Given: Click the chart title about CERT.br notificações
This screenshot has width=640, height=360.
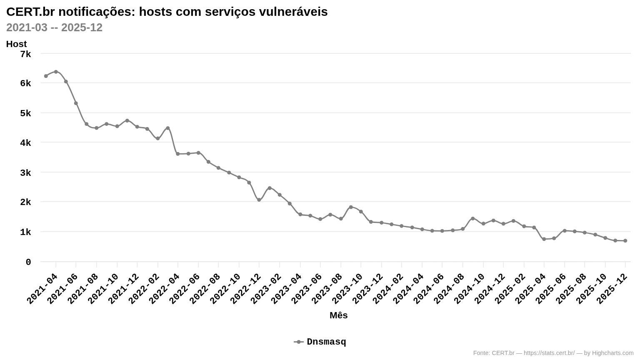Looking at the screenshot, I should click(x=167, y=12).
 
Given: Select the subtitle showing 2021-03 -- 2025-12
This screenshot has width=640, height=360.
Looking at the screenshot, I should click(x=54, y=27).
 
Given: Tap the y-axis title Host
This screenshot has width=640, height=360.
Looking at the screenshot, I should click(x=16, y=44).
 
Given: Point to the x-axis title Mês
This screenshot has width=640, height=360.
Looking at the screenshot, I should click(x=338, y=315).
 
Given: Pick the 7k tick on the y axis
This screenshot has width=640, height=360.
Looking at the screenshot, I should click(x=25, y=54).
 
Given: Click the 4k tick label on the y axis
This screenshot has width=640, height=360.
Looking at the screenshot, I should click(x=25, y=143).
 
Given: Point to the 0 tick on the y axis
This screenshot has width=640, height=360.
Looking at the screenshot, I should click(x=28, y=262).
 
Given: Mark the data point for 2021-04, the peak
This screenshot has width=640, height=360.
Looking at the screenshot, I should click(x=56, y=72).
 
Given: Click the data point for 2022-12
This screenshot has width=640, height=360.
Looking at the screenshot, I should click(x=259, y=200).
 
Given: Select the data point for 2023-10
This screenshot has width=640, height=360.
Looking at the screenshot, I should click(x=361, y=212).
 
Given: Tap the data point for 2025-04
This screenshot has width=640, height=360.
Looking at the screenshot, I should click(x=544, y=239).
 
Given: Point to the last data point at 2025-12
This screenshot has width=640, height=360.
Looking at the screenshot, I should click(x=625, y=241).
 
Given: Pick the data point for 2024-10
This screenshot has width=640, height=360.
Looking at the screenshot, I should click(x=483, y=224).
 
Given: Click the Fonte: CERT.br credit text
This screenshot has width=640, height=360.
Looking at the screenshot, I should click(x=553, y=353).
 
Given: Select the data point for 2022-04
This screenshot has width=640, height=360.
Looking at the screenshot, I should click(x=178, y=154).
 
